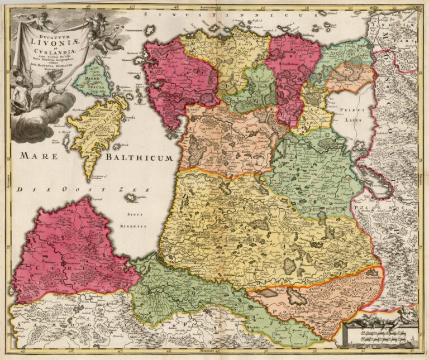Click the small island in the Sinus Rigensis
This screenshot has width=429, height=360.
[x=133, y=198]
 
